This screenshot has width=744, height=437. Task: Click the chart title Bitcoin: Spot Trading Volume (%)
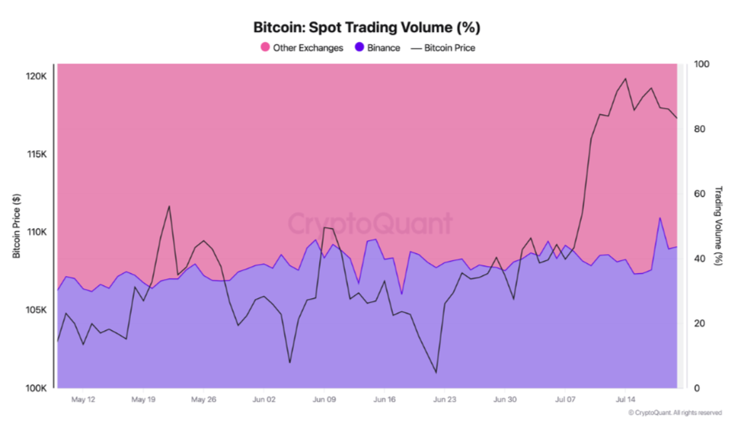coord(366,27)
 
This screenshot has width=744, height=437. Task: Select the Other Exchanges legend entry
coord(308,47)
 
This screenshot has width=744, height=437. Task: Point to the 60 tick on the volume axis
coord(696,194)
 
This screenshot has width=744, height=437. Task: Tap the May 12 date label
coord(83,399)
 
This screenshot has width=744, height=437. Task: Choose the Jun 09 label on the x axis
coord(324,399)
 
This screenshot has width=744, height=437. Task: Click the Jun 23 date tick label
coord(444,399)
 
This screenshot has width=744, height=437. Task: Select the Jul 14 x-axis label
coord(624,399)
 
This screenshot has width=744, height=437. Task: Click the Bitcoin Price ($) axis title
coord(17,227)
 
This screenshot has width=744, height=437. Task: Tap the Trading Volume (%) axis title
coord(718,226)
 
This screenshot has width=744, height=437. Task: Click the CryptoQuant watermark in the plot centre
coord(369,224)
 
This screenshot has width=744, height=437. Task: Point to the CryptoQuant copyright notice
coord(675,413)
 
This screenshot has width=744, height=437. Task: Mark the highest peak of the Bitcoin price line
coord(625,79)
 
